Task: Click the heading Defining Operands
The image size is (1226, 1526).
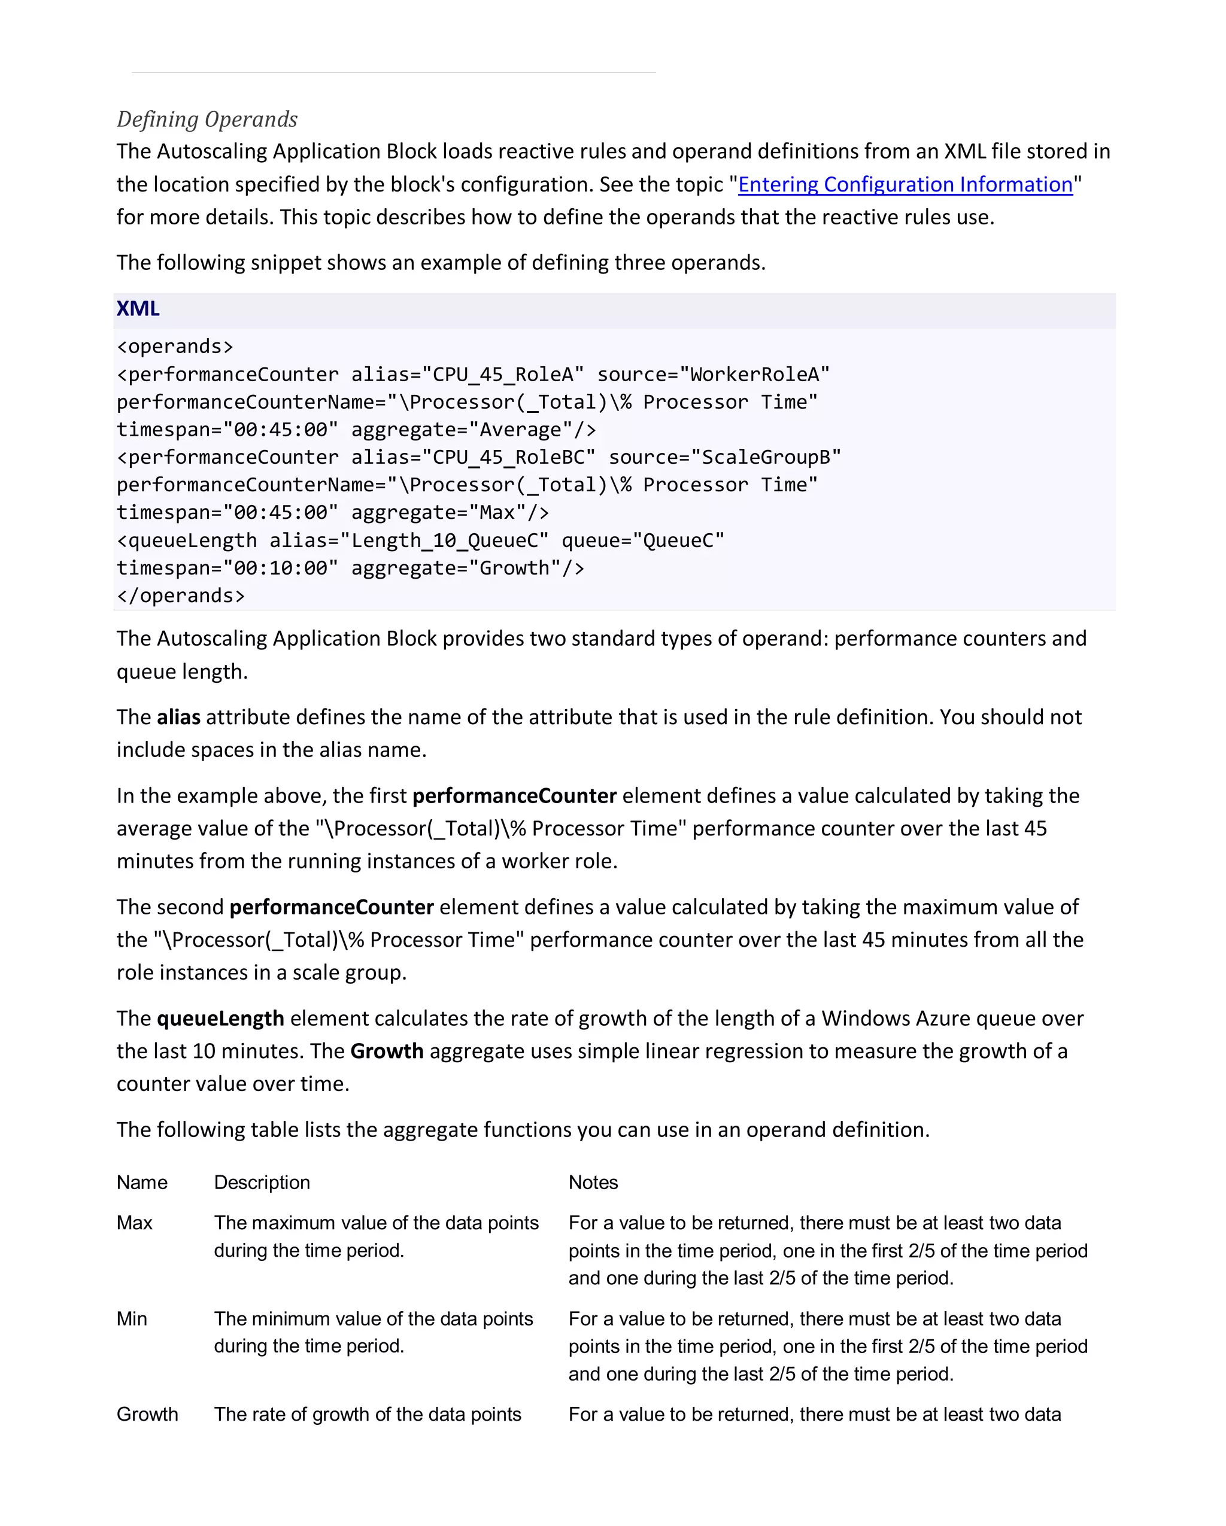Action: [x=207, y=119]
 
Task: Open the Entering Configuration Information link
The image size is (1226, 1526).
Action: [x=905, y=184]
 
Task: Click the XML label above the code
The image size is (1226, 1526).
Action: [x=138, y=309]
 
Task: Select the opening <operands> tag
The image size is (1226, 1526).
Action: [x=175, y=346]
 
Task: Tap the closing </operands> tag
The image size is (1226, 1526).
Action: [x=181, y=595]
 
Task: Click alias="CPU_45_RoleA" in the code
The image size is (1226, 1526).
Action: [x=467, y=373]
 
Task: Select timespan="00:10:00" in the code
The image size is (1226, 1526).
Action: [x=227, y=568]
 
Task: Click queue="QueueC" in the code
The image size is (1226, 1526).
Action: [x=643, y=540]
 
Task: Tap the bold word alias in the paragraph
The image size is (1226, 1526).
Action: [x=178, y=717]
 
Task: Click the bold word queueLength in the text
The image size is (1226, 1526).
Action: [x=220, y=1018]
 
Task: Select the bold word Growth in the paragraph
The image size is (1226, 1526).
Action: [x=387, y=1051]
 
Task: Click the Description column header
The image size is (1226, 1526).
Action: [x=262, y=1182]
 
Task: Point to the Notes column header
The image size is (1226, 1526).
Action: [x=593, y=1182]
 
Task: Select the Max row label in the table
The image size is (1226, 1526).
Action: [x=135, y=1223]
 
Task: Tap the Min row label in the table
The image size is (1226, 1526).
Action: [x=132, y=1318]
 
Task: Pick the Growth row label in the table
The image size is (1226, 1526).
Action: [x=147, y=1414]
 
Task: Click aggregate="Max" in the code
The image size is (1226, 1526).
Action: [x=450, y=512]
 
